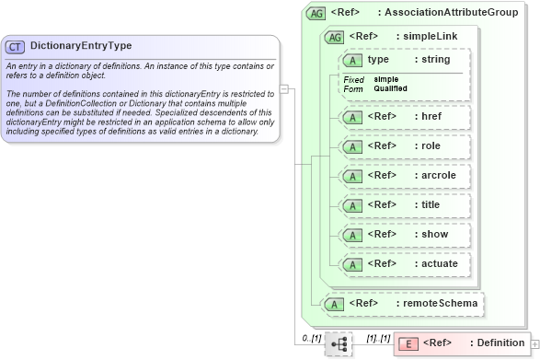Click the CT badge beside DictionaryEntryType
tap(15, 45)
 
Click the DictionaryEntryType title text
tap(81, 45)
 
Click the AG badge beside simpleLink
tap(335, 36)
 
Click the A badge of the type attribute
tap(351, 60)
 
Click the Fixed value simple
tap(386, 79)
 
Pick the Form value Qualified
tap(391, 88)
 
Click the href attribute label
tap(428, 117)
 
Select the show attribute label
tap(430, 234)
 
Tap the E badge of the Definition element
tap(410, 343)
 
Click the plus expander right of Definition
tap(535, 343)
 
